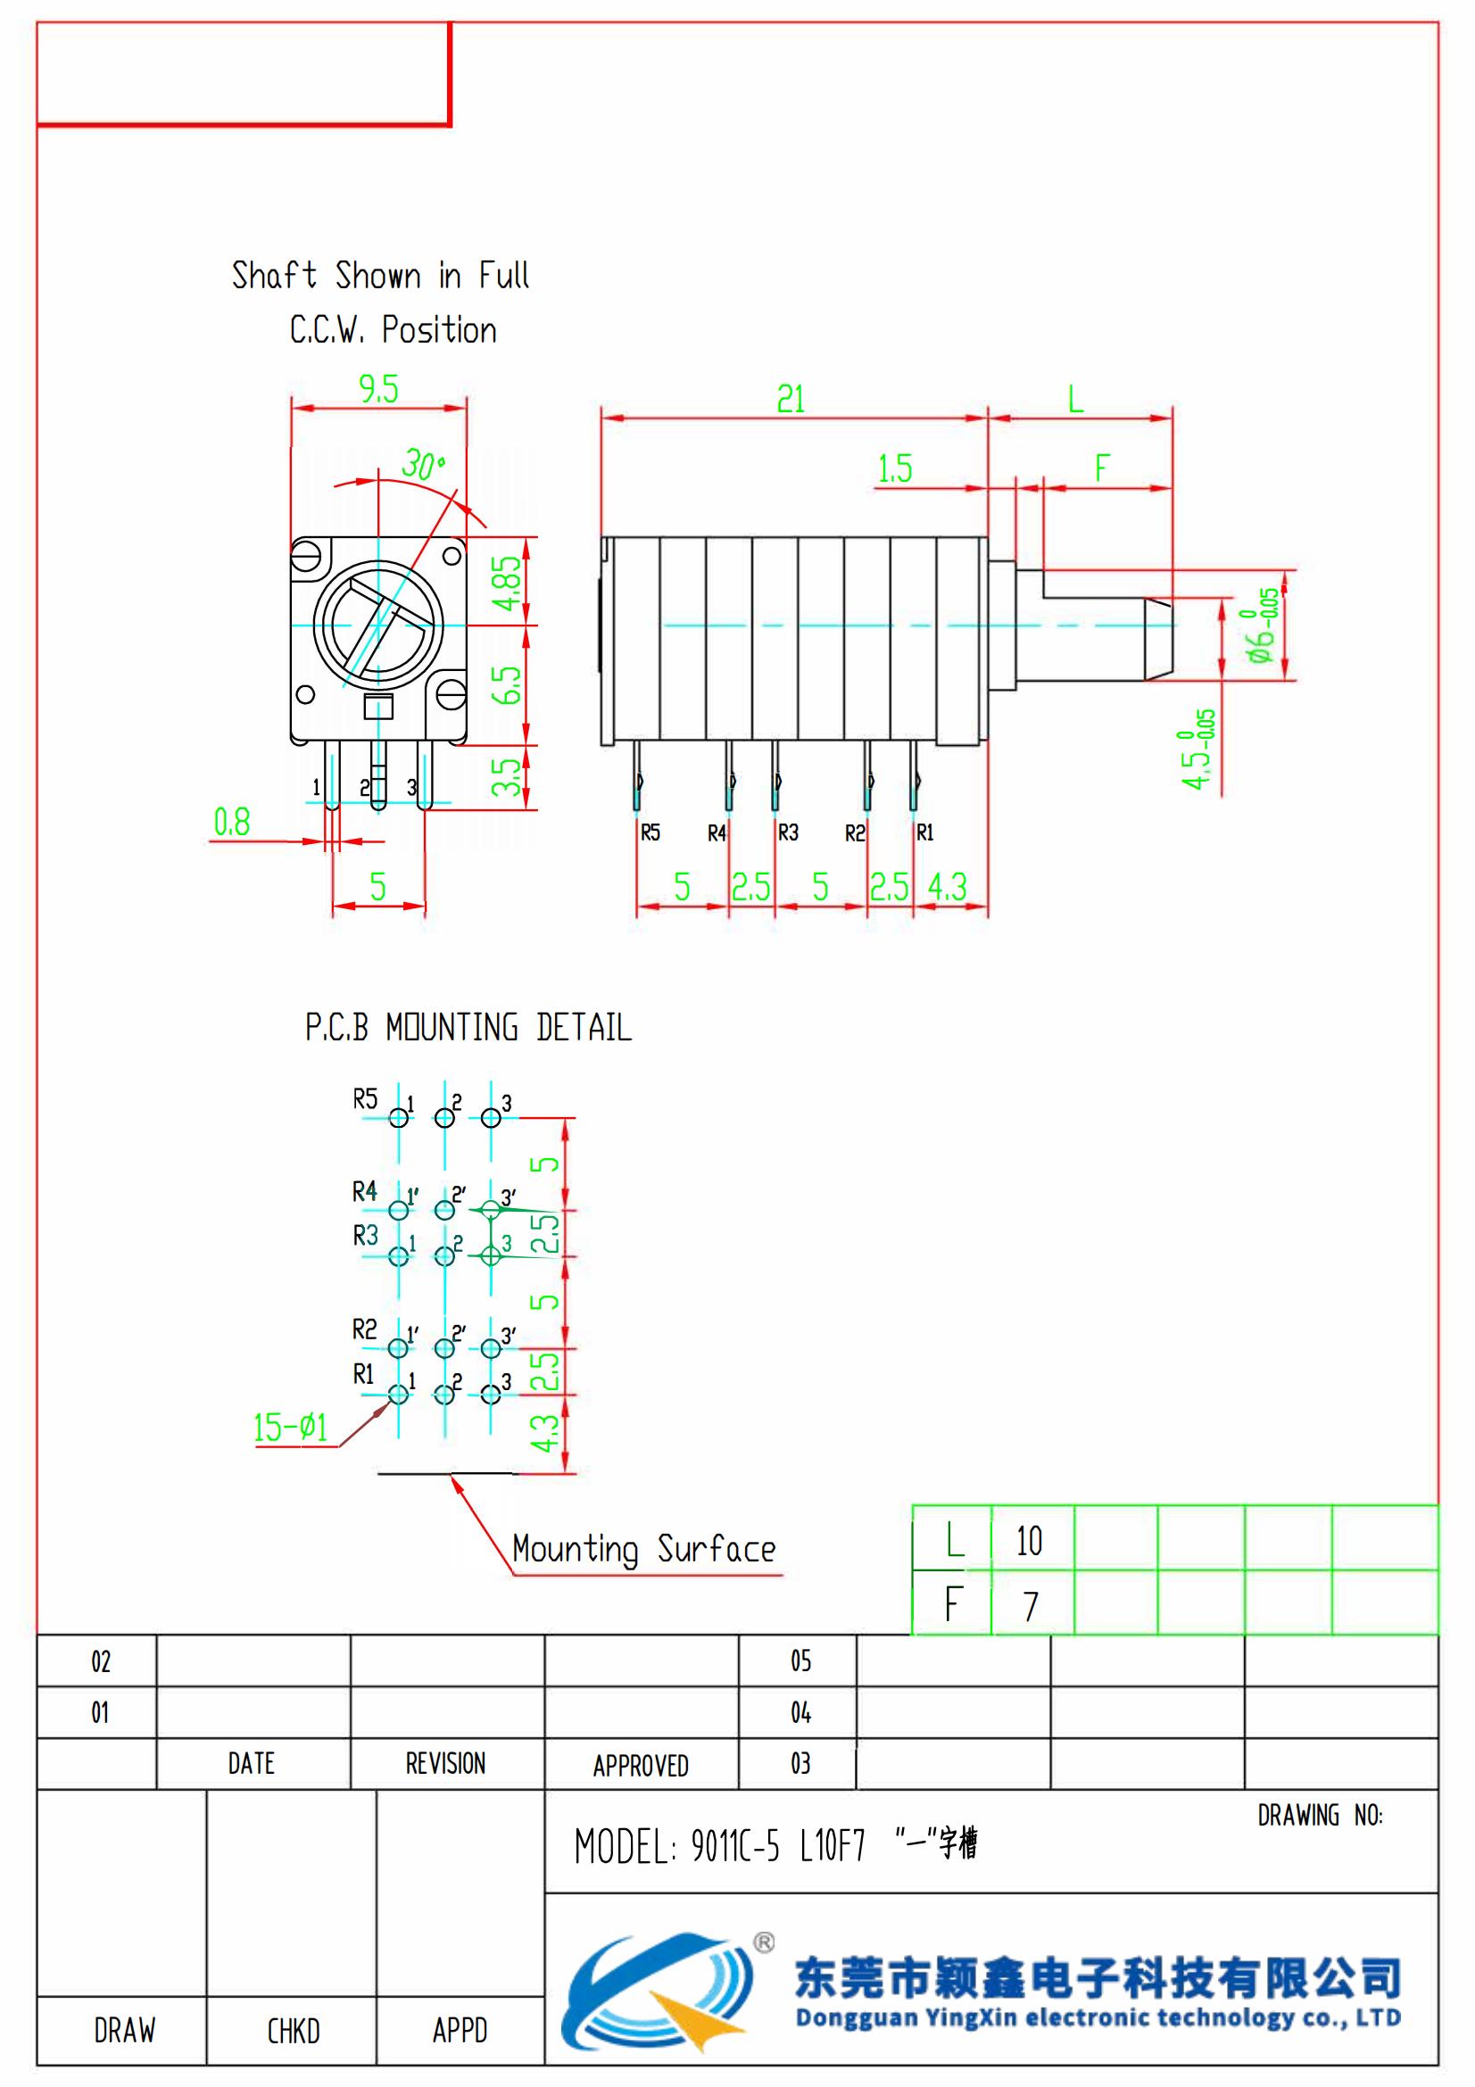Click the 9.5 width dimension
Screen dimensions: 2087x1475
point(378,390)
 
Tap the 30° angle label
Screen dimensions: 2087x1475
point(423,466)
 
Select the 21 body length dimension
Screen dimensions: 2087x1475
point(791,400)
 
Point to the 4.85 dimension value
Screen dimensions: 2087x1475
point(507,583)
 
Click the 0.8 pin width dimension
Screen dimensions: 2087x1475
point(232,823)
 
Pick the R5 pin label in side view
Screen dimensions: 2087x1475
point(650,832)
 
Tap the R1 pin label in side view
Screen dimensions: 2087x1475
point(924,832)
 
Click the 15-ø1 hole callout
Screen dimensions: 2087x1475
point(290,1427)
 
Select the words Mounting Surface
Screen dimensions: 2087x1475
point(643,1549)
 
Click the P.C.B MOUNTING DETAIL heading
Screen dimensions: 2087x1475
point(468,1028)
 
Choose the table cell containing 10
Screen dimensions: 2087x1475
point(1031,1542)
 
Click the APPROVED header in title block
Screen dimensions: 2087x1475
point(641,1766)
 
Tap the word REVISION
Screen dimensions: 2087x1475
point(445,1764)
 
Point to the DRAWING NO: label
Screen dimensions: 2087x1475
point(1320,1816)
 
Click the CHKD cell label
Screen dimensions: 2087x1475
point(293,2031)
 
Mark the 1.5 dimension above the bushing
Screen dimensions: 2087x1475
point(895,469)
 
